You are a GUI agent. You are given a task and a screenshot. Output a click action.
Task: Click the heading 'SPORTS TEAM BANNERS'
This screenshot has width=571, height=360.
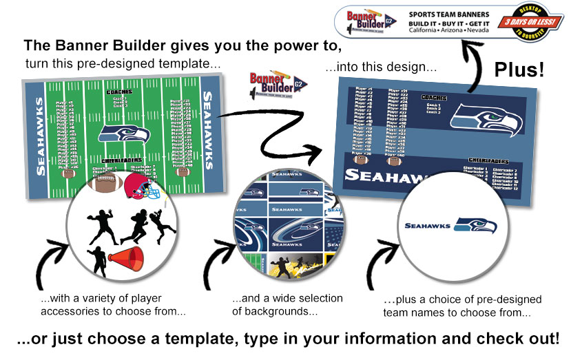[x=449, y=13]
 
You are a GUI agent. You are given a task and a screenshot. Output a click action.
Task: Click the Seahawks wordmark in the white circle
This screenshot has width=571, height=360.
[x=427, y=225]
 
